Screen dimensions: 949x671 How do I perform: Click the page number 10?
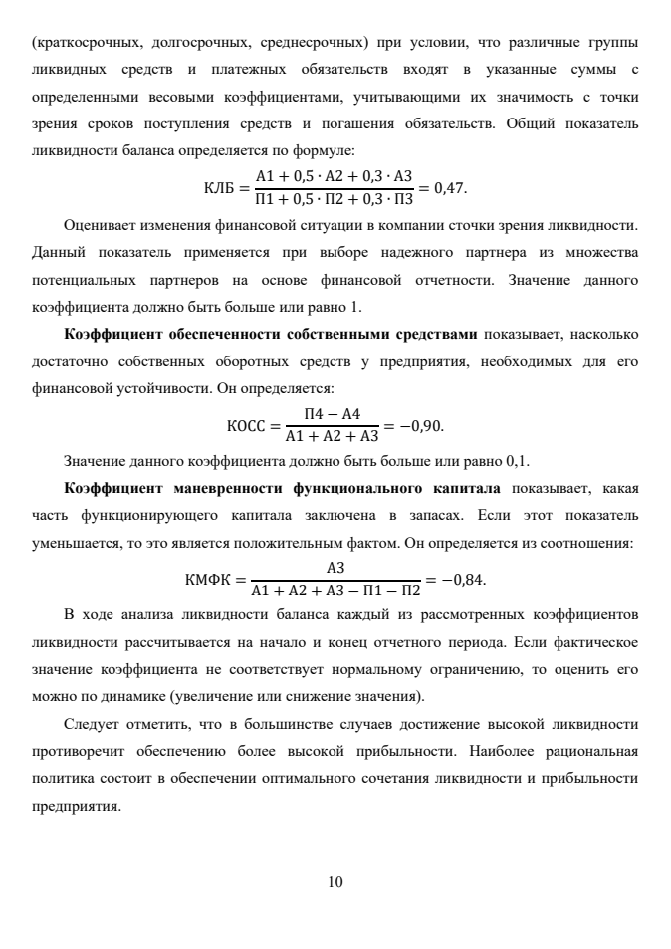pos(335,881)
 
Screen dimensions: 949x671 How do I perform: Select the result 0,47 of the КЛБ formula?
pos(457,188)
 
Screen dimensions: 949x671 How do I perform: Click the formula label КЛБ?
pos(218,188)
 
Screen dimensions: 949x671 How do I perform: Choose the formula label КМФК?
pos(207,579)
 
